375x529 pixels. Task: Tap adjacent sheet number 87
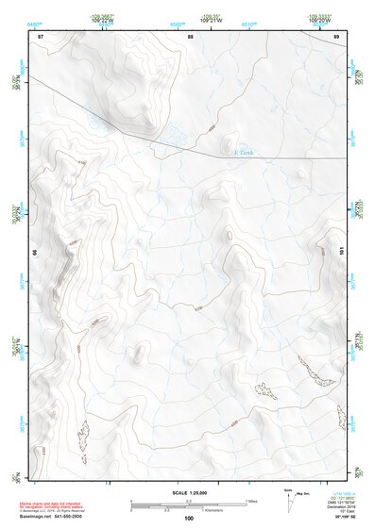(x=41, y=36)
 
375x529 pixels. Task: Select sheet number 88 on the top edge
(x=190, y=36)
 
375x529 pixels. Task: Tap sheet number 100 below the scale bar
(x=188, y=518)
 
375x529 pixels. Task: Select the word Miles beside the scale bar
(x=251, y=501)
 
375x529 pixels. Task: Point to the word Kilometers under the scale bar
(x=228, y=509)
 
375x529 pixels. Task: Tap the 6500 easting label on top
(x=177, y=21)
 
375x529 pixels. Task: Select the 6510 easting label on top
(x=247, y=21)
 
